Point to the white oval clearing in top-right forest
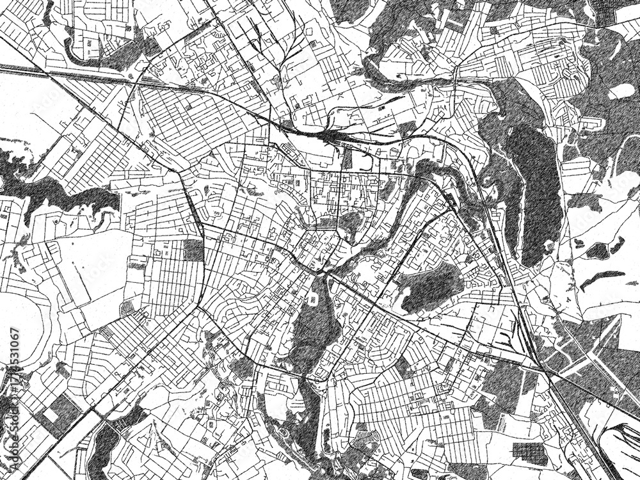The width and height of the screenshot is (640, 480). coord(621,92)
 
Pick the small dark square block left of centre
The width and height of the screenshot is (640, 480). coord(193,250)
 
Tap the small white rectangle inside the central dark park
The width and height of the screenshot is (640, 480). coord(314,299)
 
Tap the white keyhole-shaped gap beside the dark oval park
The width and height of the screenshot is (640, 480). coord(405,296)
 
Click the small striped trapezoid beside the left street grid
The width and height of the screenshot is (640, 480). coord(128,309)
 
